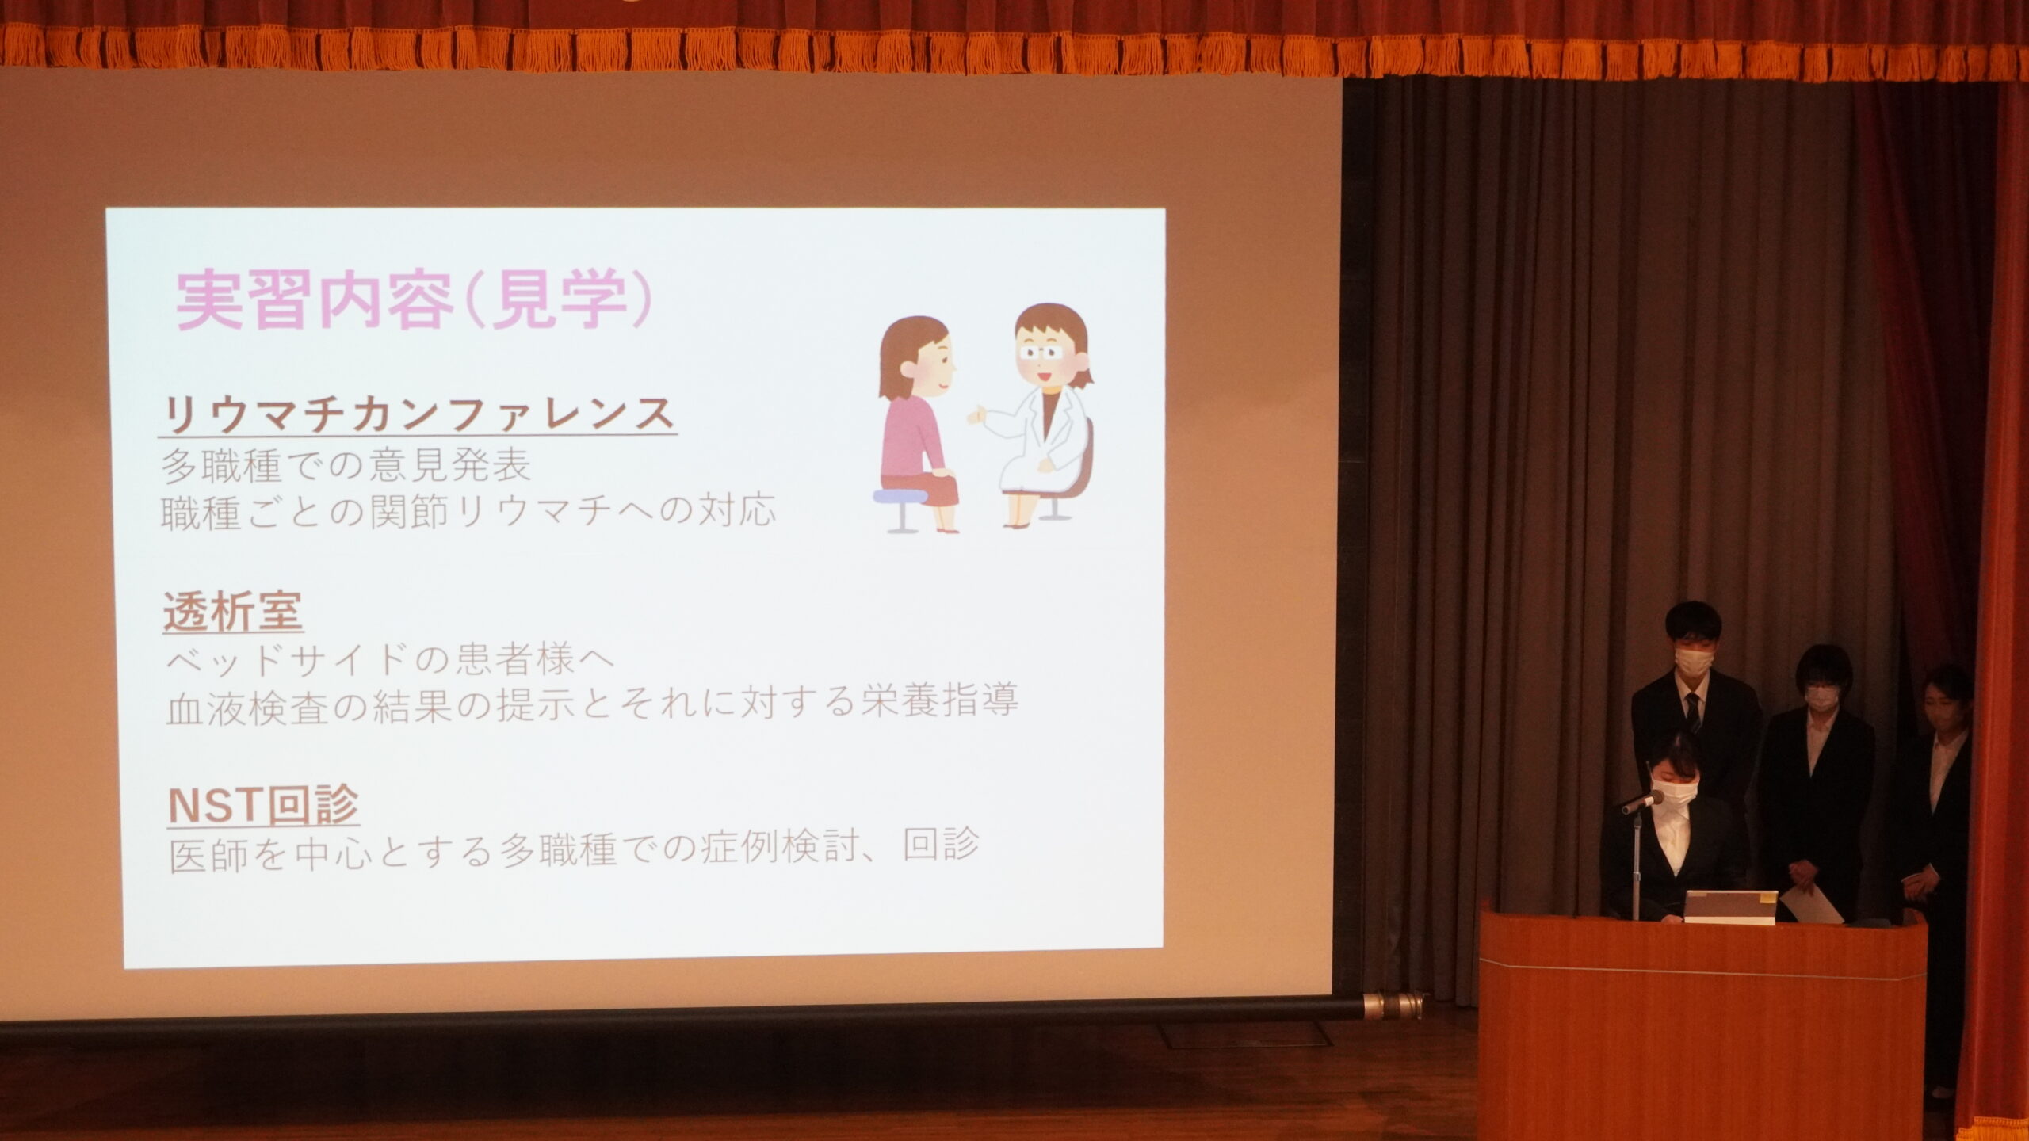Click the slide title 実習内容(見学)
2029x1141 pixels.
click(x=415, y=303)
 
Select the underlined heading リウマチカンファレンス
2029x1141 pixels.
click(x=418, y=414)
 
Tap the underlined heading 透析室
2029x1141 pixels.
click(x=233, y=612)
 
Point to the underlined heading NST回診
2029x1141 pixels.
click(x=264, y=805)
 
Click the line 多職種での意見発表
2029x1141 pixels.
click(x=346, y=466)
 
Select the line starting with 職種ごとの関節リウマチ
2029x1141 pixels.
click(x=468, y=511)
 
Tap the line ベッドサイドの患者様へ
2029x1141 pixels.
click(x=390, y=660)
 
